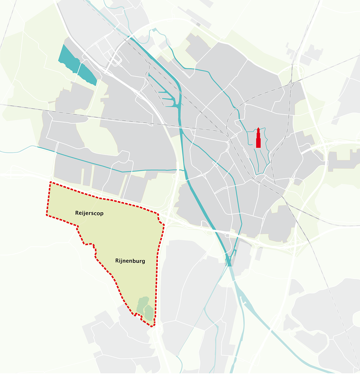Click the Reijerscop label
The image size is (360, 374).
(x=89, y=213)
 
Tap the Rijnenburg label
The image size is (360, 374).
(x=130, y=261)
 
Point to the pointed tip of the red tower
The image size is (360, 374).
(x=258, y=128)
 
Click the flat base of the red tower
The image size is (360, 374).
(x=258, y=147)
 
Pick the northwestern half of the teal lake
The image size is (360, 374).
(x=68, y=58)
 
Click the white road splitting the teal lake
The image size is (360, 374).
(x=78, y=67)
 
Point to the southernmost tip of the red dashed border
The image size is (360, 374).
(x=152, y=326)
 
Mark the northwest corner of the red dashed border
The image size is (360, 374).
(x=50, y=182)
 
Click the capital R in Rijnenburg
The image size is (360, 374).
(x=117, y=261)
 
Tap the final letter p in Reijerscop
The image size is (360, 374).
(x=102, y=214)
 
